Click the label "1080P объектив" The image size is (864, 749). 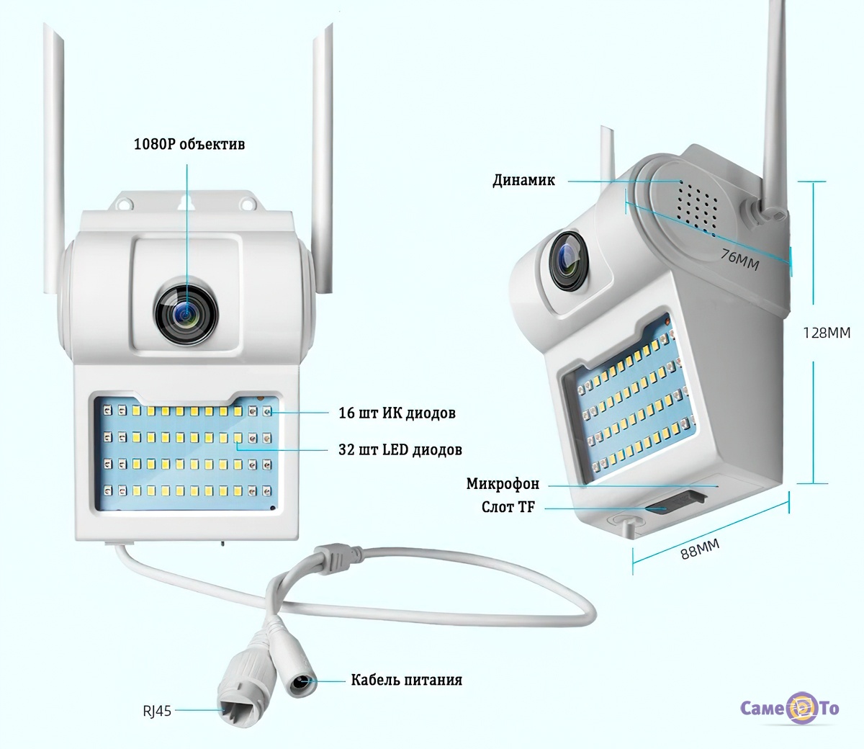click(189, 144)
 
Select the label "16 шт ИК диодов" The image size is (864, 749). click(397, 413)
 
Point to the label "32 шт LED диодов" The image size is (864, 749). click(400, 450)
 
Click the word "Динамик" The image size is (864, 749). click(523, 180)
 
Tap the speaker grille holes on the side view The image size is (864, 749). click(697, 199)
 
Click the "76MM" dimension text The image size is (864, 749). click(739, 257)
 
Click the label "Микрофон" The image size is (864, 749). click(502, 484)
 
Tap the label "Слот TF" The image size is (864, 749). click(508, 507)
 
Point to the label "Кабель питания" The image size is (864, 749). click(406, 680)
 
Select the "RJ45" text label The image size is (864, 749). click(156, 711)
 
